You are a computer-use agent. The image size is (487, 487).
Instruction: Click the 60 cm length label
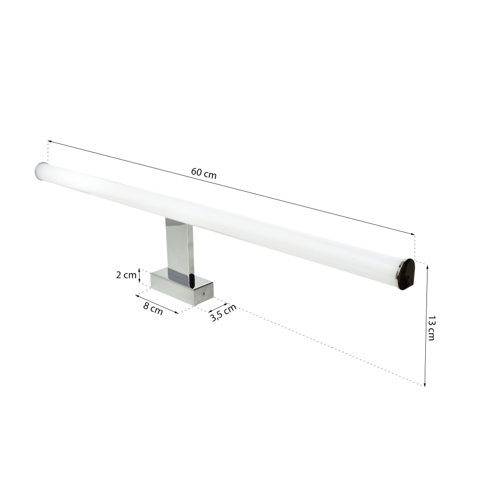(204, 173)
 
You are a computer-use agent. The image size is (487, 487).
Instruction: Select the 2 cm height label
(126, 275)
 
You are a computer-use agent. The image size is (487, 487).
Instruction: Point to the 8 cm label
(153, 308)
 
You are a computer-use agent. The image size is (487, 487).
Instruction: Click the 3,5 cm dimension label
(223, 314)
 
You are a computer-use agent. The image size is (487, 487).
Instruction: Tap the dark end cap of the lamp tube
(406, 274)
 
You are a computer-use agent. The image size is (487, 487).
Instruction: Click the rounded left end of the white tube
(42, 171)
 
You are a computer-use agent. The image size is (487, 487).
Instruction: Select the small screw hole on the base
(204, 292)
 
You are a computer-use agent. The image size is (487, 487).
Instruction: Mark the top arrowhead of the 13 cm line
(427, 268)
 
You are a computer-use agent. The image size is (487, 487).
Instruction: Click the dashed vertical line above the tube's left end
(48, 151)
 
